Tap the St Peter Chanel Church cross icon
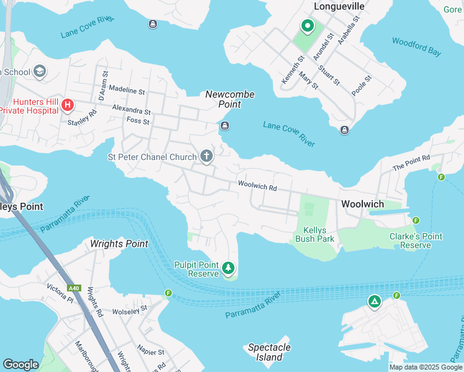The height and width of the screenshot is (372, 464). tap(207, 157)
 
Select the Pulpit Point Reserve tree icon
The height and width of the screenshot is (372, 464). tap(229, 268)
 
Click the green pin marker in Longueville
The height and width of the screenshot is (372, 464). tap(306, 26)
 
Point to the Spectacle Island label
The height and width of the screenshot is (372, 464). tap(269, 352)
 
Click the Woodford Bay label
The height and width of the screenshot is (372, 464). tap(416, 46)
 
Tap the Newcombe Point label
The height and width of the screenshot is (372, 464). tap(230, 99)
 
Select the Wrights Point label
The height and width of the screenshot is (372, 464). tap(119, 244)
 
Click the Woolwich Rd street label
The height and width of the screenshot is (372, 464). tap(256, 185)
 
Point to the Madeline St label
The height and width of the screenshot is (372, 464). tap(127, 91)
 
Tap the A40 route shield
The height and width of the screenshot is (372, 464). tap(74, 288)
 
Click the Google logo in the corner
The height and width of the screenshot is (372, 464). tap(20, 365)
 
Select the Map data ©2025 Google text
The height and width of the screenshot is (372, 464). tap(426, 367)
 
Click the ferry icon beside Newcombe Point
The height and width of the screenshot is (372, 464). tap(225, 126)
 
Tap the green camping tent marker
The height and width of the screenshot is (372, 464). tap(374, 302)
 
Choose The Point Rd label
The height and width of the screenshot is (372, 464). tap(411, 164)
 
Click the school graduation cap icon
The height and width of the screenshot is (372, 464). tap(40, 71)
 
